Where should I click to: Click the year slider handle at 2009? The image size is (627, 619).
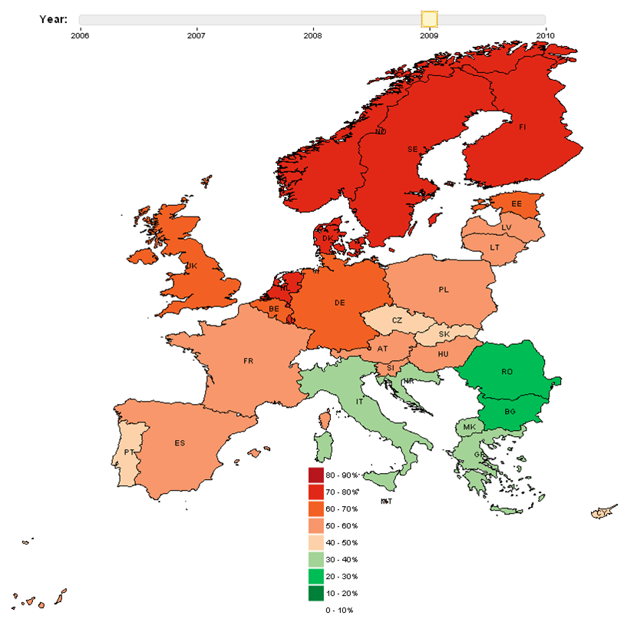coord(429,19)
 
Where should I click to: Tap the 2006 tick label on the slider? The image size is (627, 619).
coord(80,35)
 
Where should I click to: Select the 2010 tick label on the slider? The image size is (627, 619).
coord(545,35)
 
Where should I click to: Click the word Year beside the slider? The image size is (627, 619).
coord(53,18)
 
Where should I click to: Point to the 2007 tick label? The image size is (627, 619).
coord(196,35)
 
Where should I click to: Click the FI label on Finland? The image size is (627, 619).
coord(523,127)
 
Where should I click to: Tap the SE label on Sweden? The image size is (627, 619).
coord(412,150)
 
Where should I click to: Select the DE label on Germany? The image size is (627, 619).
coord(340,303)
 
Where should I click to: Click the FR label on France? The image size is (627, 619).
coord(248,360)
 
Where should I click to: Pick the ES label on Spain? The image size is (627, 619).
coord(180,443)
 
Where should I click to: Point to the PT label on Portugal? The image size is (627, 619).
coord(130,452)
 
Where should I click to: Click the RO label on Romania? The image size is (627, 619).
coord(507,372)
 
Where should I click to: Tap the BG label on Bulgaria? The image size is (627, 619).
coord(510,412)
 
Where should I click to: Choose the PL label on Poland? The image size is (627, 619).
coord(444,290)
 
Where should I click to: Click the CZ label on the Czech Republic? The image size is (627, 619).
coord(397,320)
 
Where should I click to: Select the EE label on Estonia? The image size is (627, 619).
coord(516,204)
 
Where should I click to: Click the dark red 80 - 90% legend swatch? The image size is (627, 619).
coord(315,475)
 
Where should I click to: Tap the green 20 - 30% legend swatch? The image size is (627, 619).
coord(315,577)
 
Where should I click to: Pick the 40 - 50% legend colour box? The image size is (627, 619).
coord(315,543)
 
